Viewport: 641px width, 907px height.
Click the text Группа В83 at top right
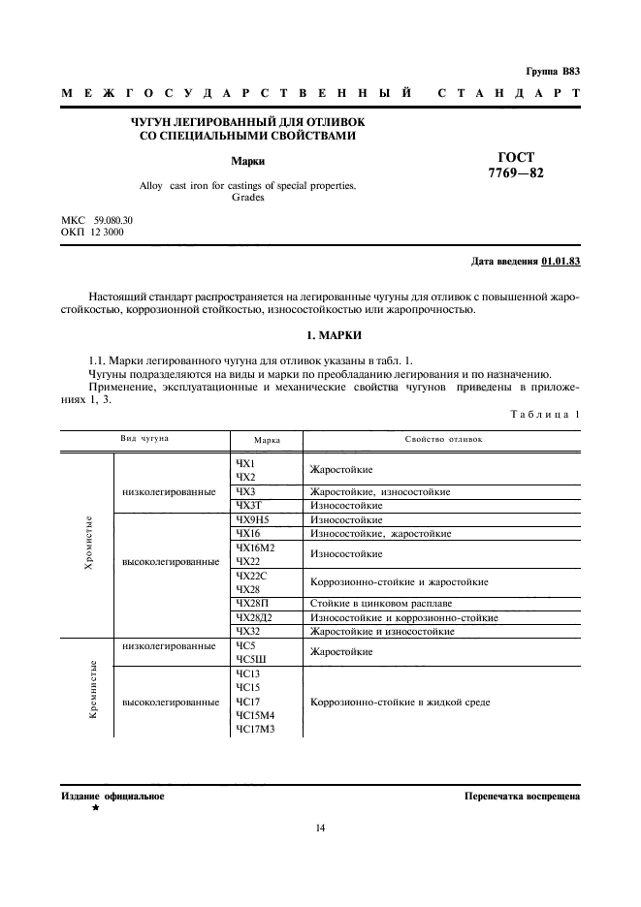(x=553, y=71)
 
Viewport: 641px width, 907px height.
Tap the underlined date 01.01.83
(x=561, y=262)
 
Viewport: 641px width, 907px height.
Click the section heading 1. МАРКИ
(x=320, y=335)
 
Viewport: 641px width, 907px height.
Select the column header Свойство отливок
(x=442, y=439)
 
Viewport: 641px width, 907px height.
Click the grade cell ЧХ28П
(x=250, y=603)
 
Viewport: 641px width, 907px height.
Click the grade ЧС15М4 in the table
(x=255, y=714)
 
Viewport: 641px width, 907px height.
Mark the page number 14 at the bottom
(x=320, y=828)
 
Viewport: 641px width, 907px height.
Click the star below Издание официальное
(x=96, y=807)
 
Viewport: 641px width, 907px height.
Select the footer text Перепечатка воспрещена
(x=522, y=797)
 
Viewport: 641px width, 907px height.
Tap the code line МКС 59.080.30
(x=97, y=220)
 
